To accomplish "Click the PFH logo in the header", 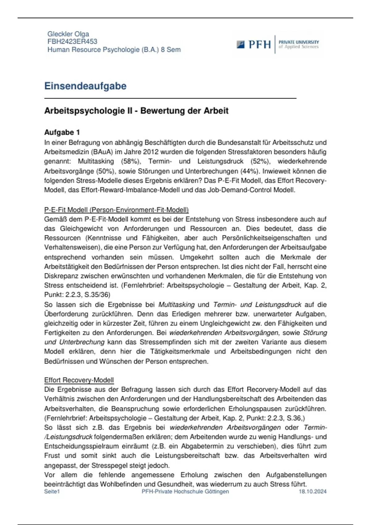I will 254,44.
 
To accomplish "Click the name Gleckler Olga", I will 68,34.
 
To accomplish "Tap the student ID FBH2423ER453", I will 72,41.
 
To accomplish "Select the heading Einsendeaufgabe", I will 85,86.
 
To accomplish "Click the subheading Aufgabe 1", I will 62,132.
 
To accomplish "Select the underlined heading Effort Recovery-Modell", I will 79,380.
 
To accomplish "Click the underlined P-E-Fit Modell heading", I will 116,210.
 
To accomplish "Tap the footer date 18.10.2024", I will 312,491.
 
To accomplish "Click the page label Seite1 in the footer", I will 52,491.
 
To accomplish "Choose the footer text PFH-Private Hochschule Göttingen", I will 185,491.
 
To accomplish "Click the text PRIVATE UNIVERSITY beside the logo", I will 299,42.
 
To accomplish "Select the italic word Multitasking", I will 176,304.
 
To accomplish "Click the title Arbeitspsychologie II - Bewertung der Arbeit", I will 136,111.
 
